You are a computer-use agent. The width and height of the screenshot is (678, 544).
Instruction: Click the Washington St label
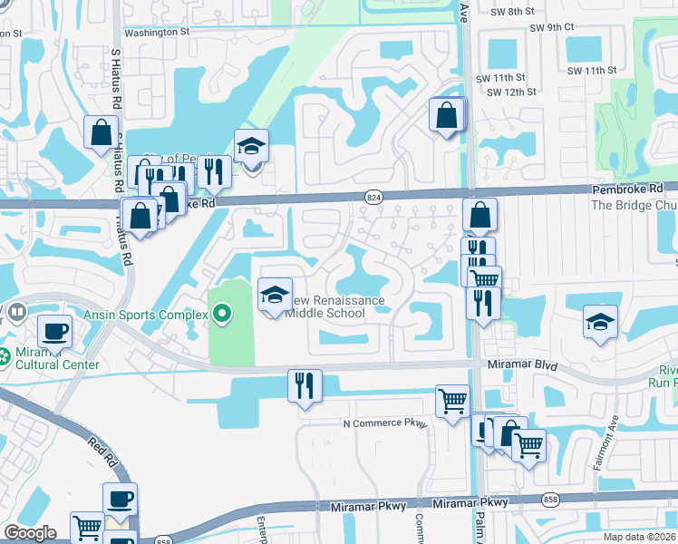click(155, 31)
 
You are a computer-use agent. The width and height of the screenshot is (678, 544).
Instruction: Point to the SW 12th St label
click(512, 92)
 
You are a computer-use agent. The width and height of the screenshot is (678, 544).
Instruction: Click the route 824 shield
click(373, 196)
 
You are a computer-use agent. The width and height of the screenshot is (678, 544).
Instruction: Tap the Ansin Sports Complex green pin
click(223, 315)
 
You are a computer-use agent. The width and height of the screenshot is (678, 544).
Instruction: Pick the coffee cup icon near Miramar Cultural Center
click(54, 332)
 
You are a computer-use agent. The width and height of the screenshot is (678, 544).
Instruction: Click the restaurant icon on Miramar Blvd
click(305, 385)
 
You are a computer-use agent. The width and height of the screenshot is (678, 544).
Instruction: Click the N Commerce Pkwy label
click(383, 423)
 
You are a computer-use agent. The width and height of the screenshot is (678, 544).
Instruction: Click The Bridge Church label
click(634, 205)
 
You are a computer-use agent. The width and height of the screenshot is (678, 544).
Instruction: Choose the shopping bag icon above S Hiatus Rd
click(101, 131)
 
